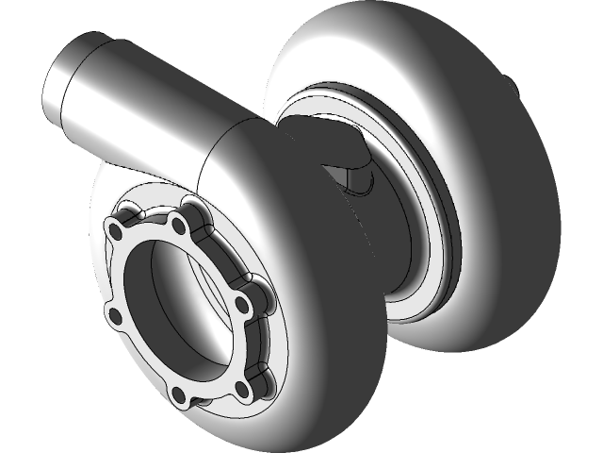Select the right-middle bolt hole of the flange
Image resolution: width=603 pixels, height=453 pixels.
click(242, 306)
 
